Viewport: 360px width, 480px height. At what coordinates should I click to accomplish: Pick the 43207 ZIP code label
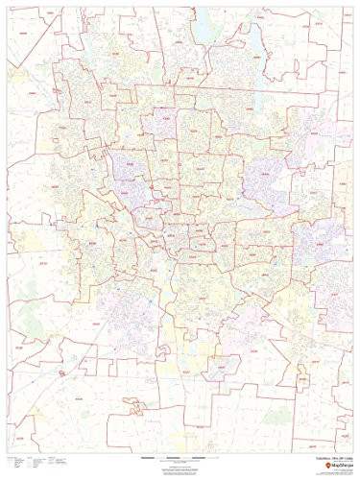pyautogui.click(x=192, y=288)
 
